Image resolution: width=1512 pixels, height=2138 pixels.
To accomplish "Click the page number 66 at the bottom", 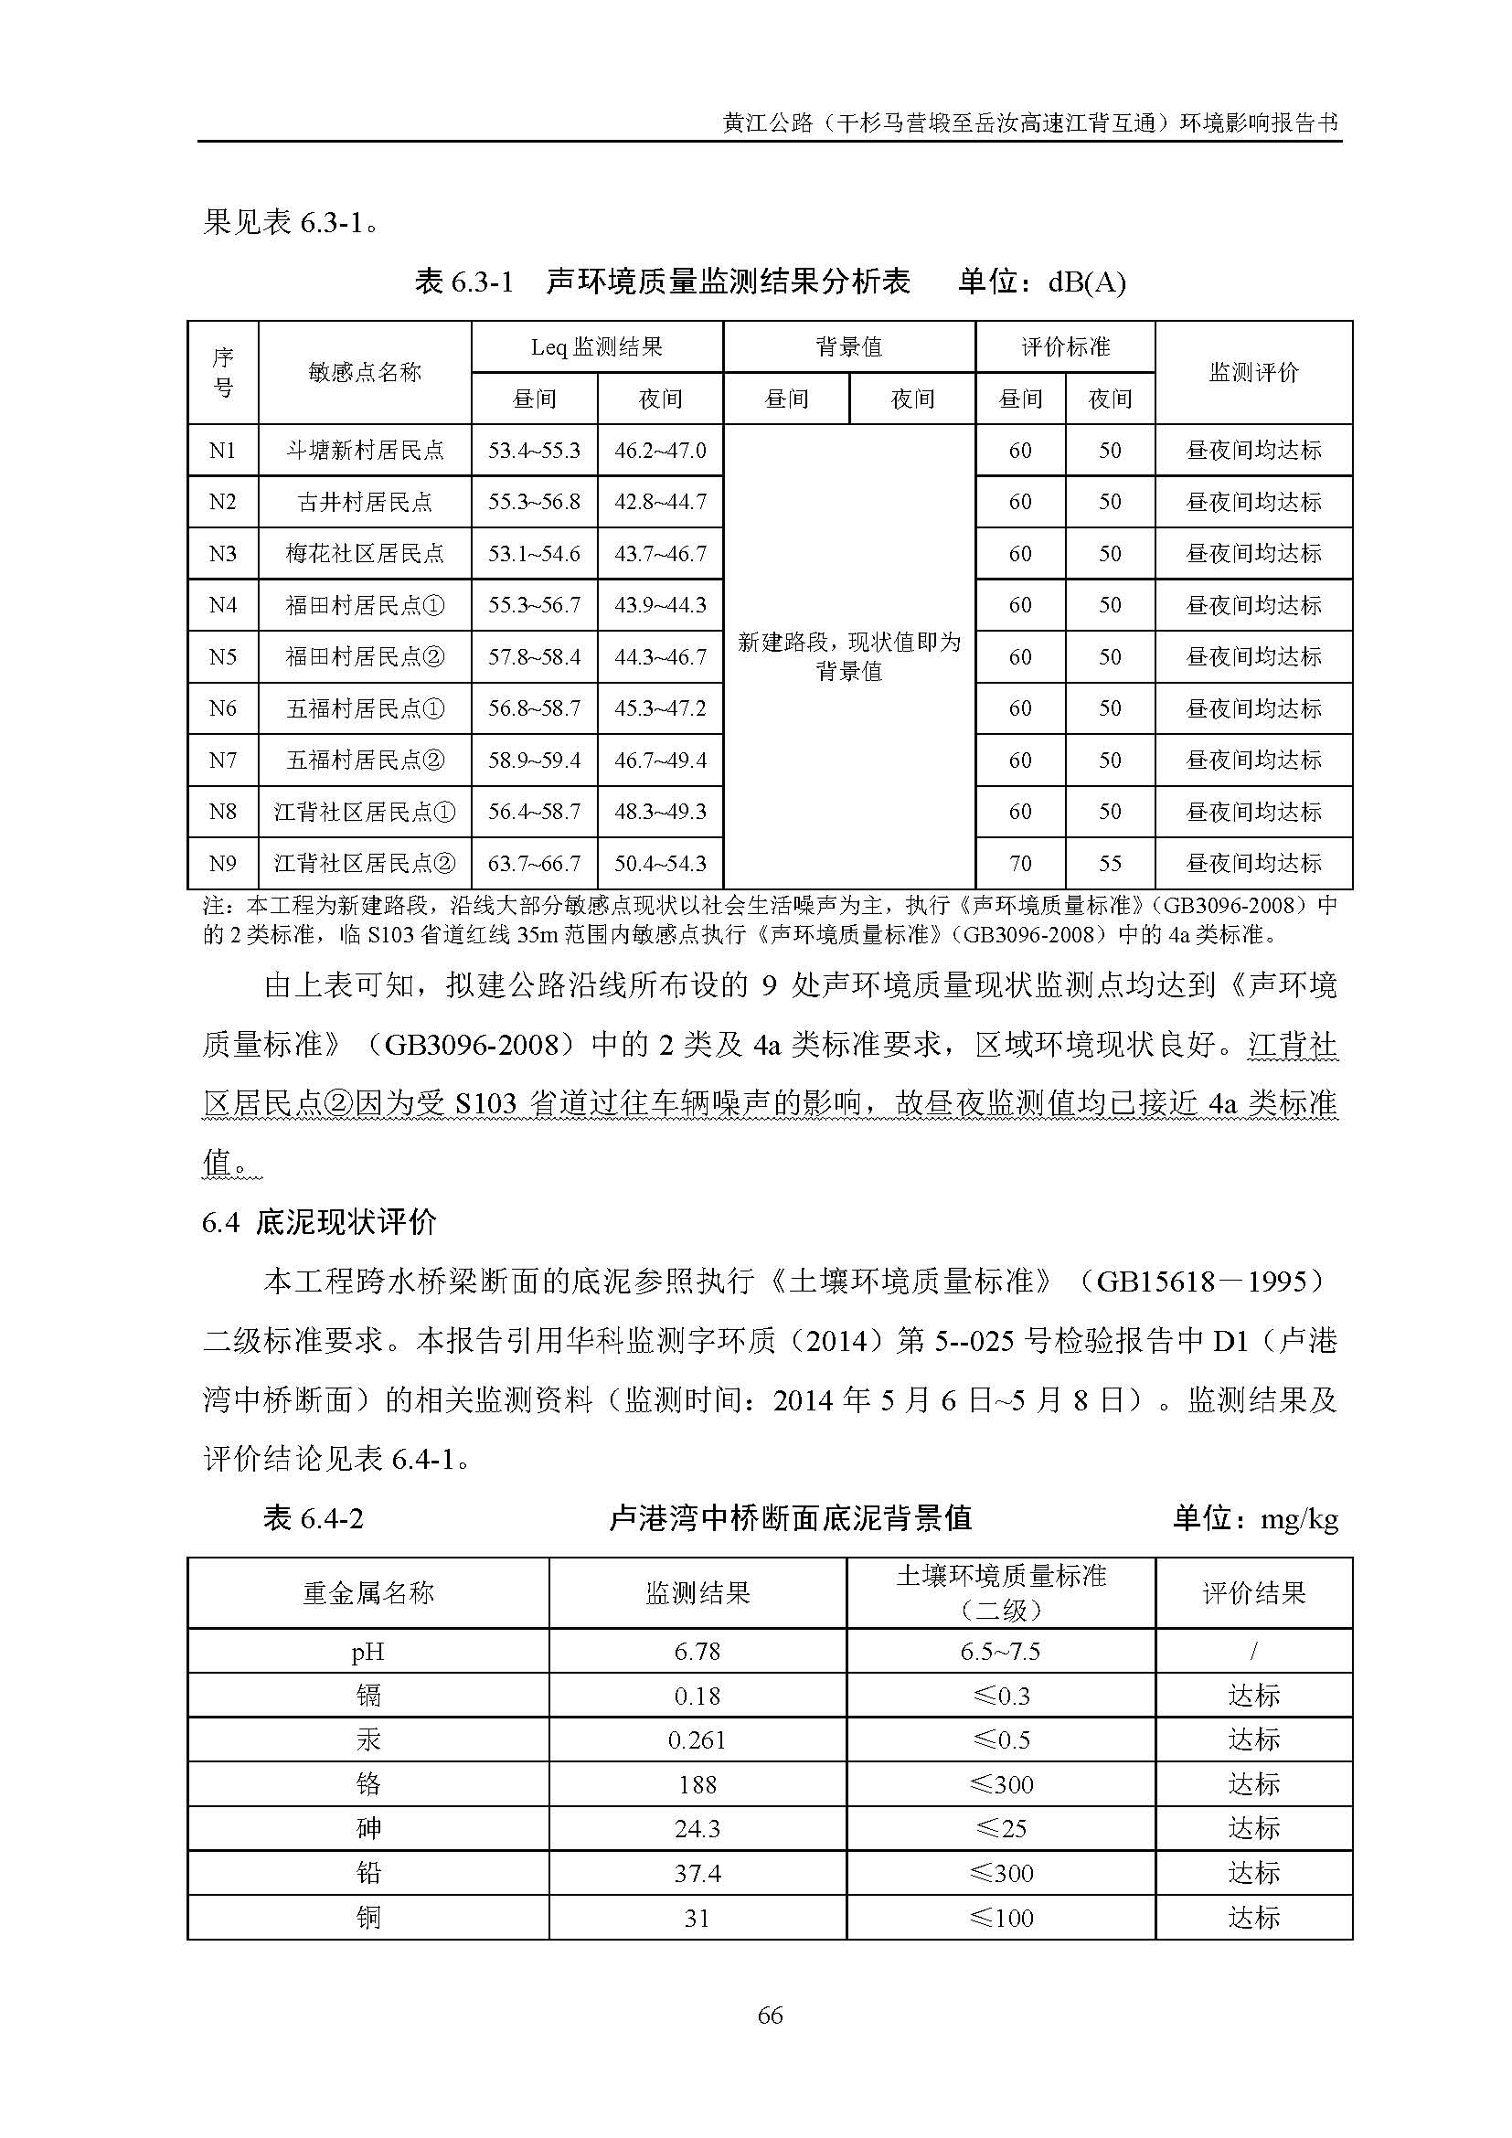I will click(770, 2016).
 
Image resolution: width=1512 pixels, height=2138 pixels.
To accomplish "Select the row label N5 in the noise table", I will click(222, 657).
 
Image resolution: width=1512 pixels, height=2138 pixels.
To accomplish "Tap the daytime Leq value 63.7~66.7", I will click(534, 864).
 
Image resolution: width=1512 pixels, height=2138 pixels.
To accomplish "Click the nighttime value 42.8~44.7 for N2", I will click(660, 503).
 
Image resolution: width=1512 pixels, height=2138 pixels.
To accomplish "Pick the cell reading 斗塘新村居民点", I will click(365, 451).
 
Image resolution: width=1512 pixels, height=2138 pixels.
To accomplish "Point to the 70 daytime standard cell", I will click(1020, 864).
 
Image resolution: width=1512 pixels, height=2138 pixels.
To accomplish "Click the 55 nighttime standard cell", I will click(1110, 864).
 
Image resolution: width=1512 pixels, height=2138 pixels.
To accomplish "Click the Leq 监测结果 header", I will click(597, 347).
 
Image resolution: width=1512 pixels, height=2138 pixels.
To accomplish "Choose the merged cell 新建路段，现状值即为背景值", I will click(849, 656).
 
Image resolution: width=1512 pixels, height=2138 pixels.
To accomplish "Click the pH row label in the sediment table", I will click(367, 1652).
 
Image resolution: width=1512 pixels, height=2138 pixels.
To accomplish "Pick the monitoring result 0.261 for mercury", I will click(697, 1740).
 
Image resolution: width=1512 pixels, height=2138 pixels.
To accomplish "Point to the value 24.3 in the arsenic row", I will click(697, 1829).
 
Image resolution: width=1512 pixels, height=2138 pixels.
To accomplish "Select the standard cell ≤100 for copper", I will click(1001, 1918).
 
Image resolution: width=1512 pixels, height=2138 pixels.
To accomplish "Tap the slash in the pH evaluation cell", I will click(1253, 1652).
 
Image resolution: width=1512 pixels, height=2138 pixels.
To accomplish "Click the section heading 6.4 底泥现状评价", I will click(319, 1223).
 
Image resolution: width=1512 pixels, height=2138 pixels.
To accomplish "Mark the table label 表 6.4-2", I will click(313, 1519).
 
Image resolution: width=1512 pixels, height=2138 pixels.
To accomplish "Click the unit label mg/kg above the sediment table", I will click(1299, 1520).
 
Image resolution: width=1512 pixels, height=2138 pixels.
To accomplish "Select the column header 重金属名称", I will click(367, 1593).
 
